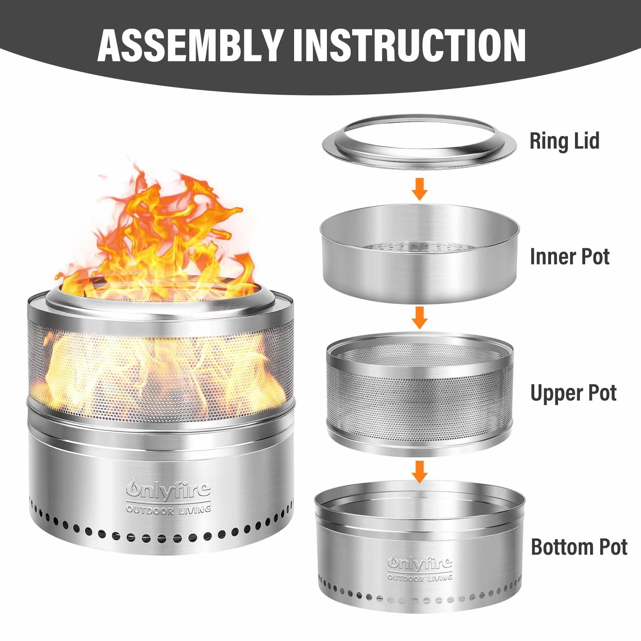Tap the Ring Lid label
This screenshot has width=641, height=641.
pyautogui.click(x=564, y=141)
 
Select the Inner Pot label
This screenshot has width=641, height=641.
pyautogui.click(x=569, y=257)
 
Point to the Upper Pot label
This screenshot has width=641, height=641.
pyautogui.click(x=573, y=393)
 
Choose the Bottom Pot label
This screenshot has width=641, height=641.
pyautogui.click(x=579, y=547)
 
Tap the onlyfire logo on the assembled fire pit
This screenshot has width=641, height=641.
pyautogui.click(x=168, y=489)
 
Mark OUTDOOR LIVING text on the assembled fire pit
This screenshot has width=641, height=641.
pyautogui.click(x=168, y=510)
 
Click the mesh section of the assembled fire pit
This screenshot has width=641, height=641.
pyautogui.click(x=160, y=362)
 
